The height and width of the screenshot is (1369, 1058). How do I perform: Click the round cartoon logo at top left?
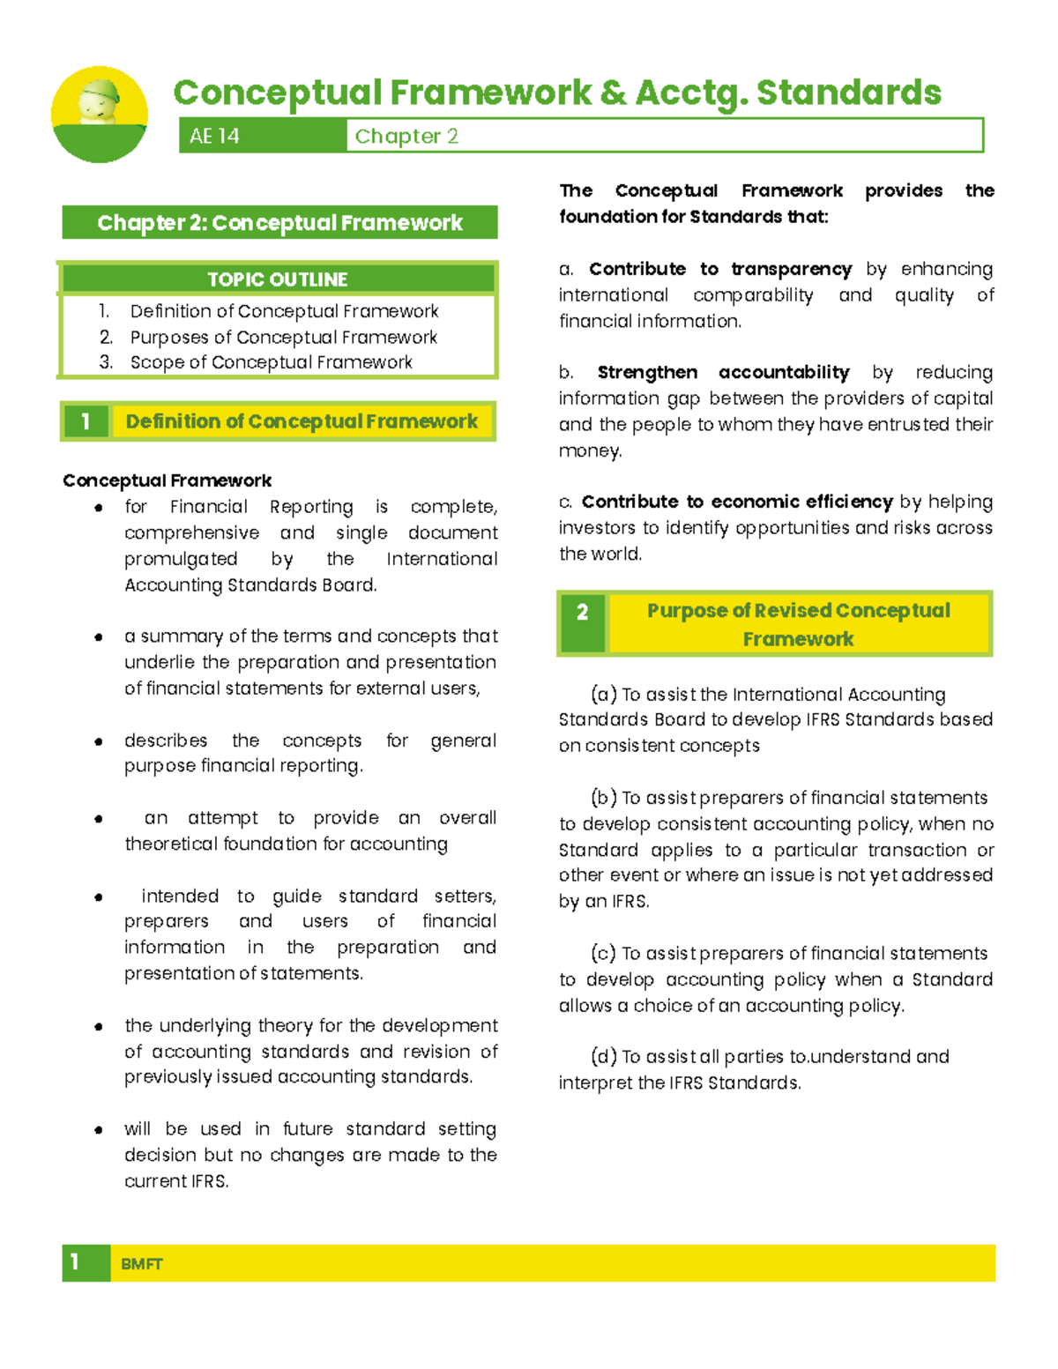point(99,115)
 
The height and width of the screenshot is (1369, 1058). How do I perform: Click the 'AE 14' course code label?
point(214,136)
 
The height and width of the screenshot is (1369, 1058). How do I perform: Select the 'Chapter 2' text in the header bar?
point(406,136)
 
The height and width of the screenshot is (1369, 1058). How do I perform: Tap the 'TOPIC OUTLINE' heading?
point(278,279)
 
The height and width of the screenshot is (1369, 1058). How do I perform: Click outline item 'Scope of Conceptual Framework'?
point(271,362)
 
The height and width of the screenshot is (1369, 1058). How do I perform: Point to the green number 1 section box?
point(86,421)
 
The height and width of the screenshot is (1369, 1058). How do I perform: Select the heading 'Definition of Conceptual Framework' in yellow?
point(302,421)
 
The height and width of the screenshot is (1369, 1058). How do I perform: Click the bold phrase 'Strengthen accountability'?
point(723,373)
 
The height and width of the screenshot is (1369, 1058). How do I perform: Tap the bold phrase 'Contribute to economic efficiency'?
point(737,502)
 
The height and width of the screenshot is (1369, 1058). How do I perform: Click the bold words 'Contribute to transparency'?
point(720,269)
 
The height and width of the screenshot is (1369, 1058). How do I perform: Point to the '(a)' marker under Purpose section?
point(604,695)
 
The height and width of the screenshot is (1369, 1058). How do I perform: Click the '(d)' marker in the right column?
point(604,1057)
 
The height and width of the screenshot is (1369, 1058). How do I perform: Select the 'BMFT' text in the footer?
point(141,1264)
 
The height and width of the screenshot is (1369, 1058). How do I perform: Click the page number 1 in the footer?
point(75,1262)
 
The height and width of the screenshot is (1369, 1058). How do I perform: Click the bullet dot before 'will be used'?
point(99,1130)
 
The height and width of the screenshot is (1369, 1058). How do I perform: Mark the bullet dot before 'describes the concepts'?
point(99,741)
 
